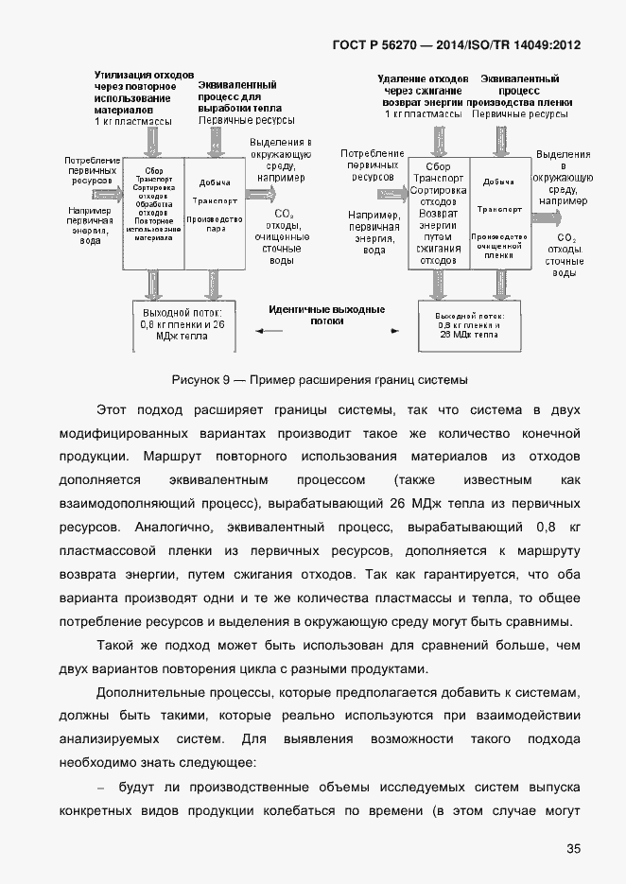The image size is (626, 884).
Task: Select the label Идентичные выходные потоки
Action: tap(326, 315)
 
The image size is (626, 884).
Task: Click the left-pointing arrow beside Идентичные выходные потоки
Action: tap(270, 331)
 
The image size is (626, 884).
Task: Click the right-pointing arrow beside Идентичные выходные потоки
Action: tap(397, 331)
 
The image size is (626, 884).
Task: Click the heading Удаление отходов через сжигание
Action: tap(422, 85)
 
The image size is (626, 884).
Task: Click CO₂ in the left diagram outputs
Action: tap(281, 214)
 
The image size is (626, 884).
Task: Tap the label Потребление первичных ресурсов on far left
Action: tap(93, 169)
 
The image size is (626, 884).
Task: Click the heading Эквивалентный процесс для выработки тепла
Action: tap(236, 96)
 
